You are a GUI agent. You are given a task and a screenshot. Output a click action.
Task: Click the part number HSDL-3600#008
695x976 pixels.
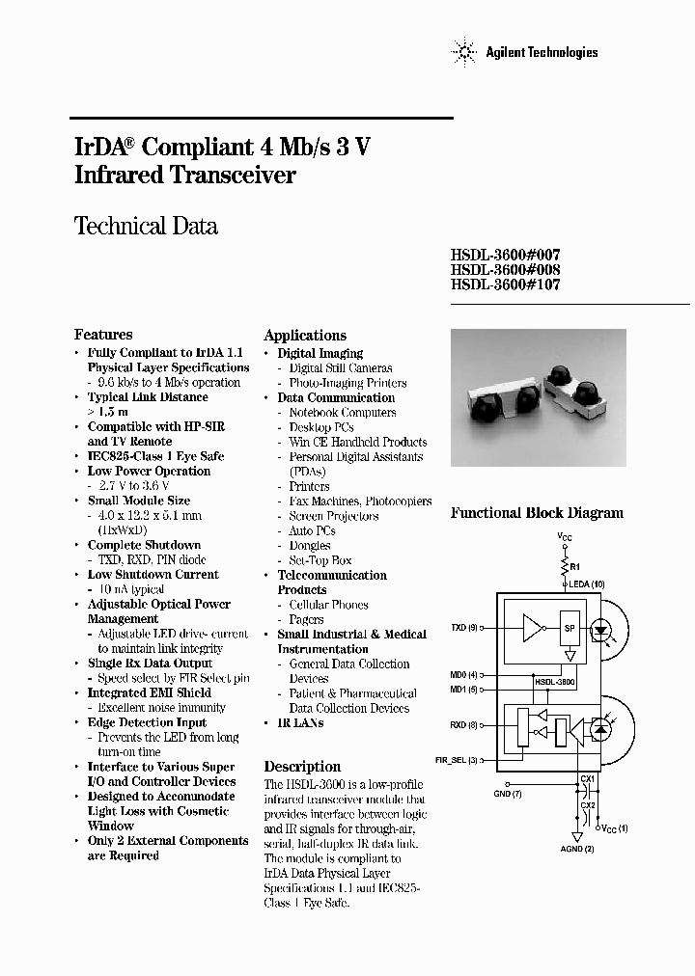[x=505, y=270]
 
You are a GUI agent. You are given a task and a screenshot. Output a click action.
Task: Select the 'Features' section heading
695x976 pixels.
[x=103, y=335]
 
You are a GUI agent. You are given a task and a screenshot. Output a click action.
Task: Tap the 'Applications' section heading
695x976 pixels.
[x=305, y=336]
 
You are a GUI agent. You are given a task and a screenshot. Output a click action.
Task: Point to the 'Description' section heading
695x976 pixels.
[x=302, y=766]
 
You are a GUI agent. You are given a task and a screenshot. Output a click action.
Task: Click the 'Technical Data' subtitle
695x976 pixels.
[x=146, y=227]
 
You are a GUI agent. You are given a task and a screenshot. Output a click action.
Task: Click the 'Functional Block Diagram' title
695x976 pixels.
[x=537, y=514]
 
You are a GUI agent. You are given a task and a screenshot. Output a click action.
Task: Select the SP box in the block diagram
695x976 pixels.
[x=570, y=627]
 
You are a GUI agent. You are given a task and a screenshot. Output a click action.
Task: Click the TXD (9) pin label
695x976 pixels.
[x=465, y=628]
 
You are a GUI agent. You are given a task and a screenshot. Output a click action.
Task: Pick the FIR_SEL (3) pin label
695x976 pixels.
[x=458, y=761]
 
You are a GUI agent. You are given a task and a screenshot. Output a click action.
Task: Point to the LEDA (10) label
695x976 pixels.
[x=586, y=584]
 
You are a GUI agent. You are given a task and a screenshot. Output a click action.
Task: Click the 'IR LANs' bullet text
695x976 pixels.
[x=300, y=722]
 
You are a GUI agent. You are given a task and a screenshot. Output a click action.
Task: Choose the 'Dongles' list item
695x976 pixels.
[x=310, y=546]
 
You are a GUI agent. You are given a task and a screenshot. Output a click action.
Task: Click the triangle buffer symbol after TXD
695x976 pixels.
[x=530, y=628]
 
